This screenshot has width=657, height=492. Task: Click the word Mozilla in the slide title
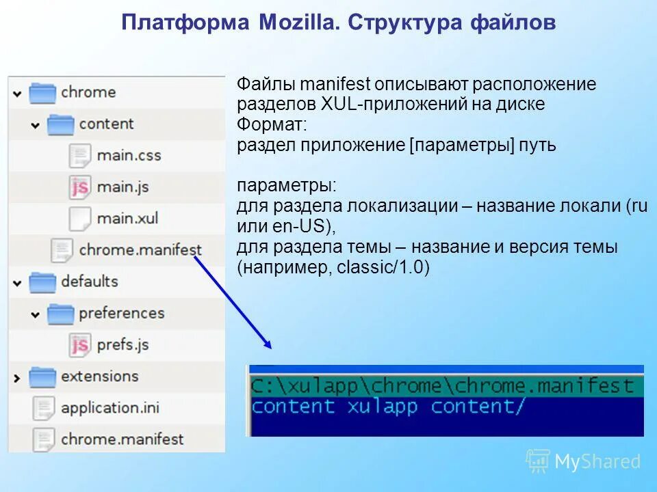pos(298,23)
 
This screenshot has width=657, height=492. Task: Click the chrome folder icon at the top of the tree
pos(42,92)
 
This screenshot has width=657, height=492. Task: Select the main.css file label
pos(129,155)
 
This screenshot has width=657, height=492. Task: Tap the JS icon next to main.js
pos(80,187)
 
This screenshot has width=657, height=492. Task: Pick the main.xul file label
pos(127,218)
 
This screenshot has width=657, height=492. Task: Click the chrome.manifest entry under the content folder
pos(140,249)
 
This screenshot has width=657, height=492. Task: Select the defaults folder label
pos(89,281)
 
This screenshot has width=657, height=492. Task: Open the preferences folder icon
pos(60,313)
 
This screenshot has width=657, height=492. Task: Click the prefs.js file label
pos(123,344)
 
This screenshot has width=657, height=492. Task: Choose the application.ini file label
pos(109,408)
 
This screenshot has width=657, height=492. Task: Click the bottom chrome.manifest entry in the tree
pos(122,439)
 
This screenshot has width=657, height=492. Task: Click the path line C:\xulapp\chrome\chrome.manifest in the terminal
pos(442,385)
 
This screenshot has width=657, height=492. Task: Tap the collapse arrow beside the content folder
pos(35,125)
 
